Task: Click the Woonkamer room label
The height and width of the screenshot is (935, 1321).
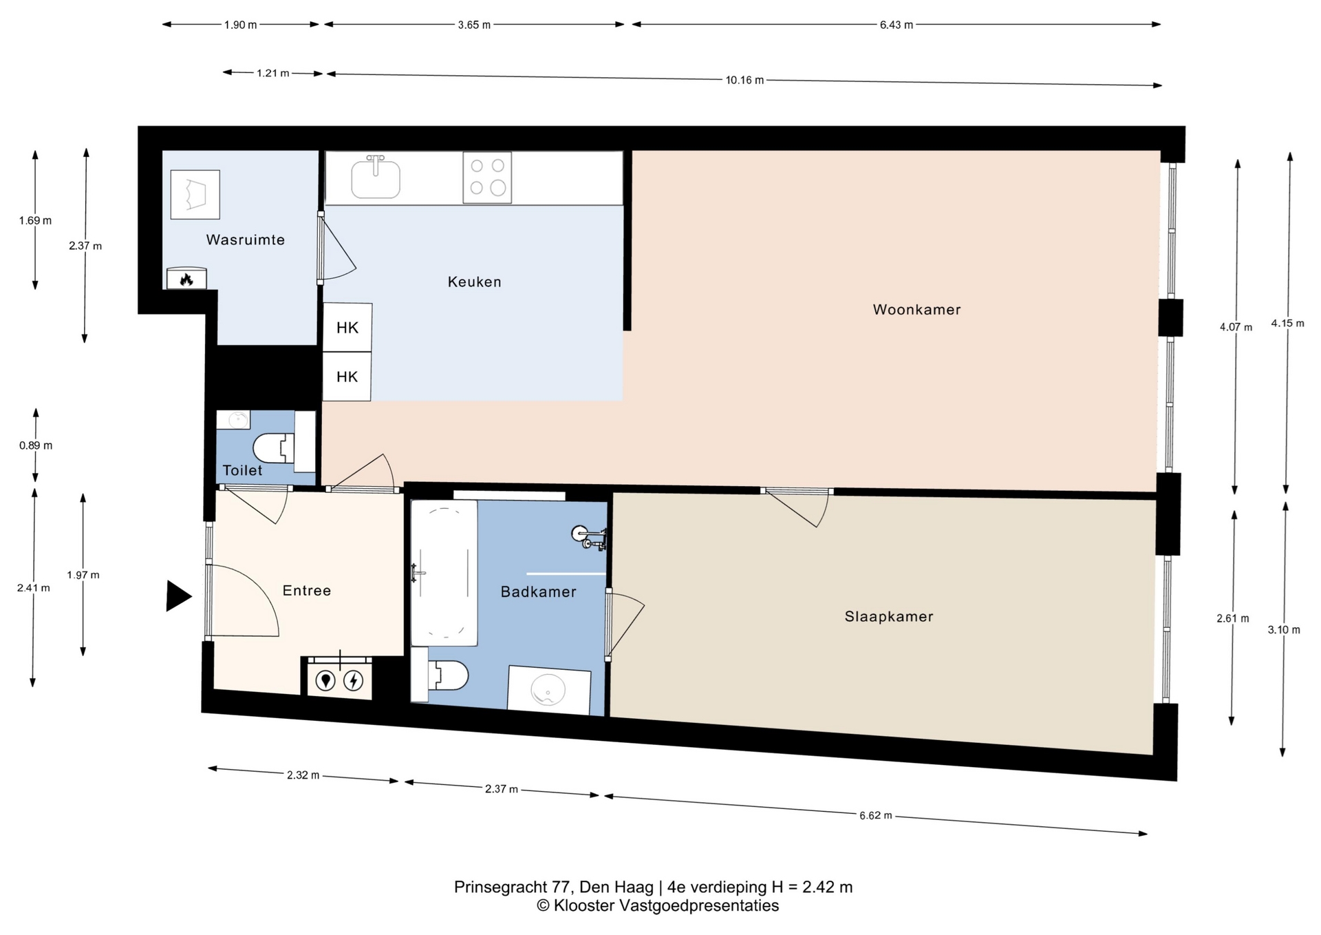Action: coord(916,310)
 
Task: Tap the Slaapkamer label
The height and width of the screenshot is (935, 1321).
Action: coord(889,617)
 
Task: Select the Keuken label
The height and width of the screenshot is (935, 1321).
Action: coord(474,282)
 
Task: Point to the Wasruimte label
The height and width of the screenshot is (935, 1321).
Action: coord(245,240)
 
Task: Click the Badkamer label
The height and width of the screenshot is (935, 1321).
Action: coord(538,591)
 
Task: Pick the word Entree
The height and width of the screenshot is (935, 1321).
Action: coord(307,590)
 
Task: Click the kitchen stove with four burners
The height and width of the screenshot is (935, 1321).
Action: coord(487,178)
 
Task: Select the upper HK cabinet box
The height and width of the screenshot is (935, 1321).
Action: coord(347,328)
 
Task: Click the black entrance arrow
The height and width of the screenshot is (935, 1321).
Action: coord(178,596)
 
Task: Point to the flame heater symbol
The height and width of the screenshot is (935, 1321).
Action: coord(186,279)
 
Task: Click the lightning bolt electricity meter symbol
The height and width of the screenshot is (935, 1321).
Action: coord(354,681)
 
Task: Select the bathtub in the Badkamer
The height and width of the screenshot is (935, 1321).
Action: coord(444,573)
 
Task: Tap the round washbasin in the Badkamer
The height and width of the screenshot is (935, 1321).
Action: coord(548,689)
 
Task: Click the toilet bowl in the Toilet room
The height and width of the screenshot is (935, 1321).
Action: coord(274,448)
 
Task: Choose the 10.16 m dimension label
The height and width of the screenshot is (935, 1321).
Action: coord(744,80)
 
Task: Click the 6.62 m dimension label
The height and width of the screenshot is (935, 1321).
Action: coord(875,815)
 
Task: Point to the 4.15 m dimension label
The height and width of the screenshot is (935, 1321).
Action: coord(1287,323)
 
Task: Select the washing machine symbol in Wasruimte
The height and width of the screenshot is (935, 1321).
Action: coord(195,195)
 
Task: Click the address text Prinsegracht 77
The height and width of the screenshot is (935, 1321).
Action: coord(513,887)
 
